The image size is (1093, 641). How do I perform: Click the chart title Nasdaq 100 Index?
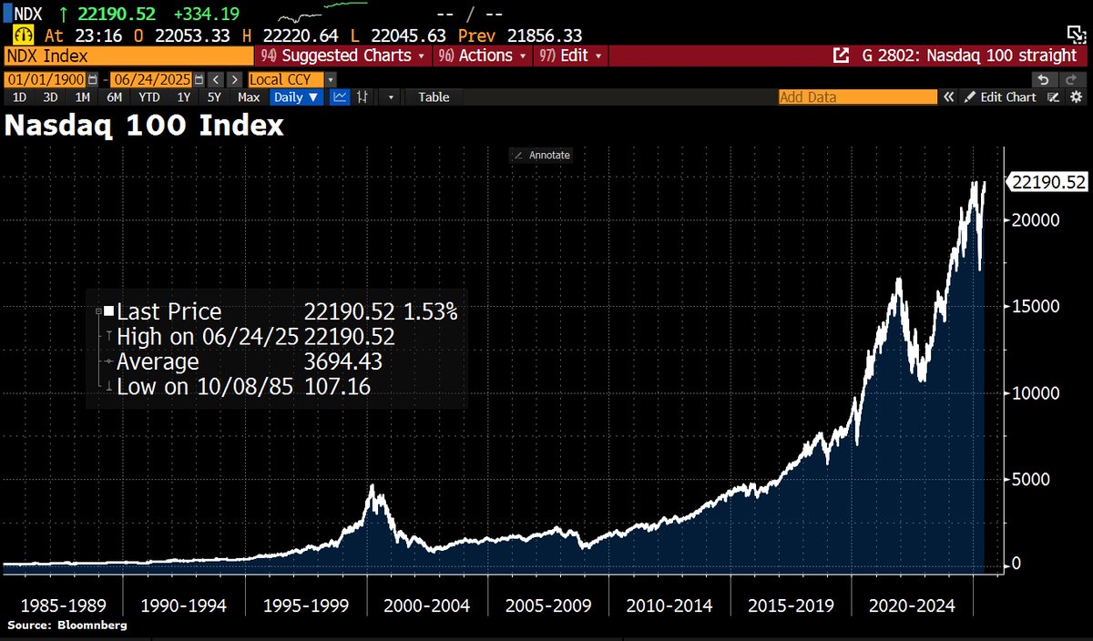(144, 126)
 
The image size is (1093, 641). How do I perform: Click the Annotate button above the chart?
(542, 155)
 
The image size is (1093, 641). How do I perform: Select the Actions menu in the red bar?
(484, 56)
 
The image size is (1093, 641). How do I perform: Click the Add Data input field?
(856, 97)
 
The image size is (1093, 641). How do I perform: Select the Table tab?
(434, 97)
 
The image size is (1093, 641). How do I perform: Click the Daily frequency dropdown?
(297, 97)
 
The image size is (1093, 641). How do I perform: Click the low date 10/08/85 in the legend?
(251, 387)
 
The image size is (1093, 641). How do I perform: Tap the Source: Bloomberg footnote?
(67, 626)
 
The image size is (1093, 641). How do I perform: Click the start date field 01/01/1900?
(44, 79)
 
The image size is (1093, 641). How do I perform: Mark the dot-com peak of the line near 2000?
(372, 487)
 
